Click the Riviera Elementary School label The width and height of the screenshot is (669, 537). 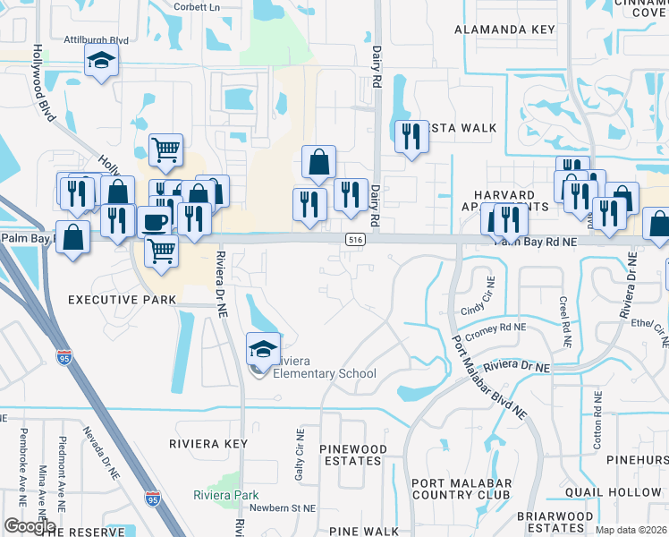[325, 367]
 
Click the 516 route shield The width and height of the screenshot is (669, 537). [355, 241]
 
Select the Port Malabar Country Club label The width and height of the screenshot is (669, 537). [462, 489]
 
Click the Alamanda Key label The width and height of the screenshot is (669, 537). [504, 30]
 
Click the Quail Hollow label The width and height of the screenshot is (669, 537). [614, 492]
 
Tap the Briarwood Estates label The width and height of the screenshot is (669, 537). [555, 523]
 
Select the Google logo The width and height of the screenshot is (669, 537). [30, 526]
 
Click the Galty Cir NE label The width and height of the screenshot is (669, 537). [301, 455]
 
